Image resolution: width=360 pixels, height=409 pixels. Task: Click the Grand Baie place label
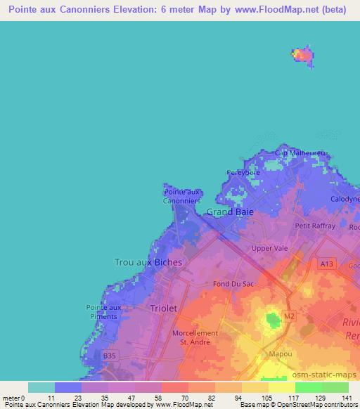(230, 211)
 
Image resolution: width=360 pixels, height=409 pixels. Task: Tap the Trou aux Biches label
(148, 262)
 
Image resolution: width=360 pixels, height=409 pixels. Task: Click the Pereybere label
(243, 172)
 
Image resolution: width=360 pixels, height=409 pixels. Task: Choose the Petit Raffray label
(314, 226)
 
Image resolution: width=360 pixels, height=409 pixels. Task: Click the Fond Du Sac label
(233, 284)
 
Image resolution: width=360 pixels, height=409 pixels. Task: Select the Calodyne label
(345, 199)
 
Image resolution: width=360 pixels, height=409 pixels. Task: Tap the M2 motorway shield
(289, 318)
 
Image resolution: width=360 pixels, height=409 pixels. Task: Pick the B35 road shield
(109, 356)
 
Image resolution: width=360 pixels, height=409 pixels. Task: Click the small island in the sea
(302, 55)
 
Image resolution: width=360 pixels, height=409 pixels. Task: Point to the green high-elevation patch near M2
(271, 320)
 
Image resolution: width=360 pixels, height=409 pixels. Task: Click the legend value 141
(347, 397)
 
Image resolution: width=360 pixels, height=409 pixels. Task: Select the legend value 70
(174, 397)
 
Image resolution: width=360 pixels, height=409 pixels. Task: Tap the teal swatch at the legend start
(41, 387)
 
